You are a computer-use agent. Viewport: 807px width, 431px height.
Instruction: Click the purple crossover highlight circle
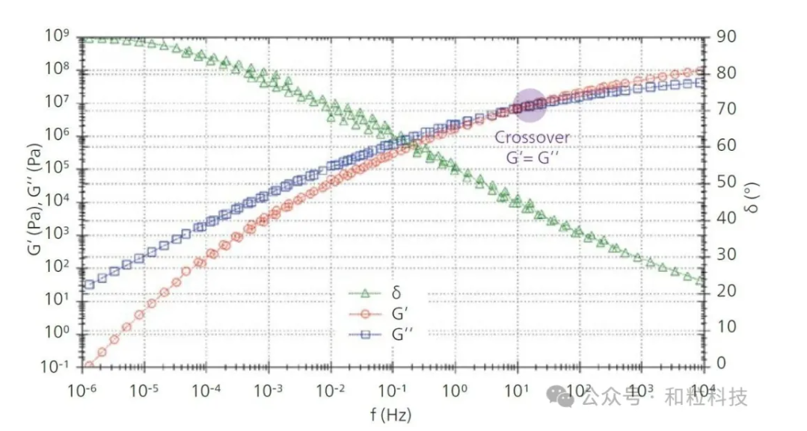pos(530,105)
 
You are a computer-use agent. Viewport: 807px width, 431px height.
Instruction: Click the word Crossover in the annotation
pos(533,137)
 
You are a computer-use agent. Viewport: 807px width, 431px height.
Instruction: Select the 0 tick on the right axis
pos(721,364)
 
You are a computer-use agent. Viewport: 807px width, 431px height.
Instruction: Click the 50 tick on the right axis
pos(725,182)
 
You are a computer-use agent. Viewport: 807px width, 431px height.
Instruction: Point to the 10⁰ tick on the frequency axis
pos(455,389)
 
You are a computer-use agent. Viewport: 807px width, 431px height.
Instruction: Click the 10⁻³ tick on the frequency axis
pos(269,389)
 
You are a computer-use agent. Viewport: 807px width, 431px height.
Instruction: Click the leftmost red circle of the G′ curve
pos(89,365)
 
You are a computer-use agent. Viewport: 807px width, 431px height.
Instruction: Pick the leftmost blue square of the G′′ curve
pos(89,284)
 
